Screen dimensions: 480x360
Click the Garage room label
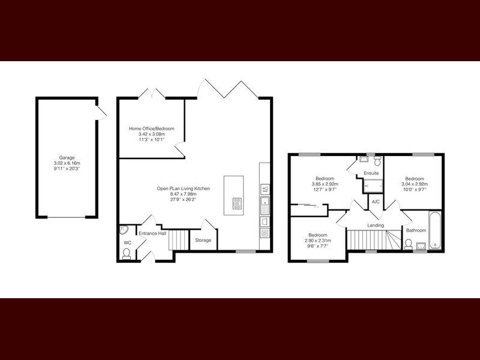click(67, 158)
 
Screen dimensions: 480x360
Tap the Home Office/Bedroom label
click(152, 128)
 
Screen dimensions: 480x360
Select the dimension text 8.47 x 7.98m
click(184, 194)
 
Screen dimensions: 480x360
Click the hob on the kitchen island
click(237, 203)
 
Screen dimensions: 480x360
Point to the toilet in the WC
click(126, 254)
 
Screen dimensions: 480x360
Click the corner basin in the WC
click(124, 230)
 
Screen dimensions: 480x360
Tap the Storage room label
click(203, 241)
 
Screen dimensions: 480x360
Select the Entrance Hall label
click(152, 233)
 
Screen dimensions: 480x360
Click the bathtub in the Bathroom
click(434, 230)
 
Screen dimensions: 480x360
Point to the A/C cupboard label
click(376, 202)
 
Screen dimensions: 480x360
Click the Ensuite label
click(371, 173)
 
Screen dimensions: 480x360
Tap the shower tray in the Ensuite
click(373, 186)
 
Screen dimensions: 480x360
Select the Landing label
click(376, 226)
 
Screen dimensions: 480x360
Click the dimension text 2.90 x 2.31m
click(318, 241)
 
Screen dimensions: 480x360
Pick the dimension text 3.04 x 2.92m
click(415, 184)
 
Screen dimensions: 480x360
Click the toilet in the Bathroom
click(408, 244)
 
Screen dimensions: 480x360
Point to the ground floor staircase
click(179, 241)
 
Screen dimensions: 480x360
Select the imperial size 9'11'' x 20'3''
click(67, 169)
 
